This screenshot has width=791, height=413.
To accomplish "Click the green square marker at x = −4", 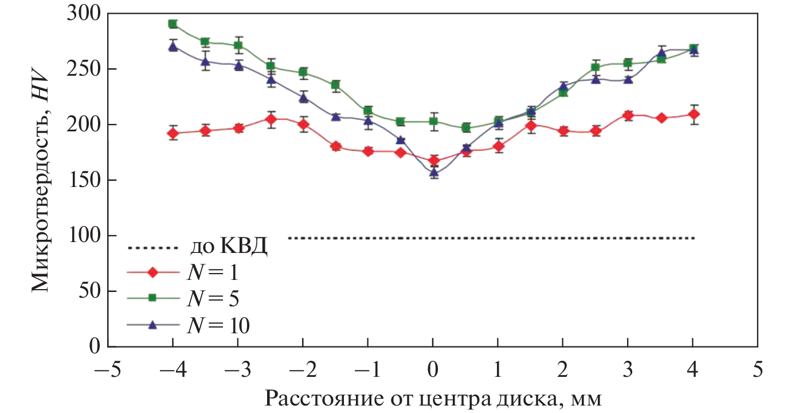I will (173, 24).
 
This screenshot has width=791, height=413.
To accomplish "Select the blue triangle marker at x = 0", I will (433, 172).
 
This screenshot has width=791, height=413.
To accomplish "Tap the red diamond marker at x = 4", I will (694, 114).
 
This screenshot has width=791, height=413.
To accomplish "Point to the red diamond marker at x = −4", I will (173, 134).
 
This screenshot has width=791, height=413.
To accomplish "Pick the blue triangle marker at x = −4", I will (173, 46).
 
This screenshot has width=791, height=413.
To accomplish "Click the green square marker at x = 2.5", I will (596, 67).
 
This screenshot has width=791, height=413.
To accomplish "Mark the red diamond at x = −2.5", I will (271, 119).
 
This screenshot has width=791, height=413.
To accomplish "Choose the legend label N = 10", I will (218, 325).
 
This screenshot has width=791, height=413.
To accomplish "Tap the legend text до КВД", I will (228, 248).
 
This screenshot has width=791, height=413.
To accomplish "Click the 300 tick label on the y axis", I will (84, 14).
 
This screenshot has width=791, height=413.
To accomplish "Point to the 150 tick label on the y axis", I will (84, 180).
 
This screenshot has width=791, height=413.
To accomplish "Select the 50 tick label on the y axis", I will (89, 291).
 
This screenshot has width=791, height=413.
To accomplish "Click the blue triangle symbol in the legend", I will (152, 325).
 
